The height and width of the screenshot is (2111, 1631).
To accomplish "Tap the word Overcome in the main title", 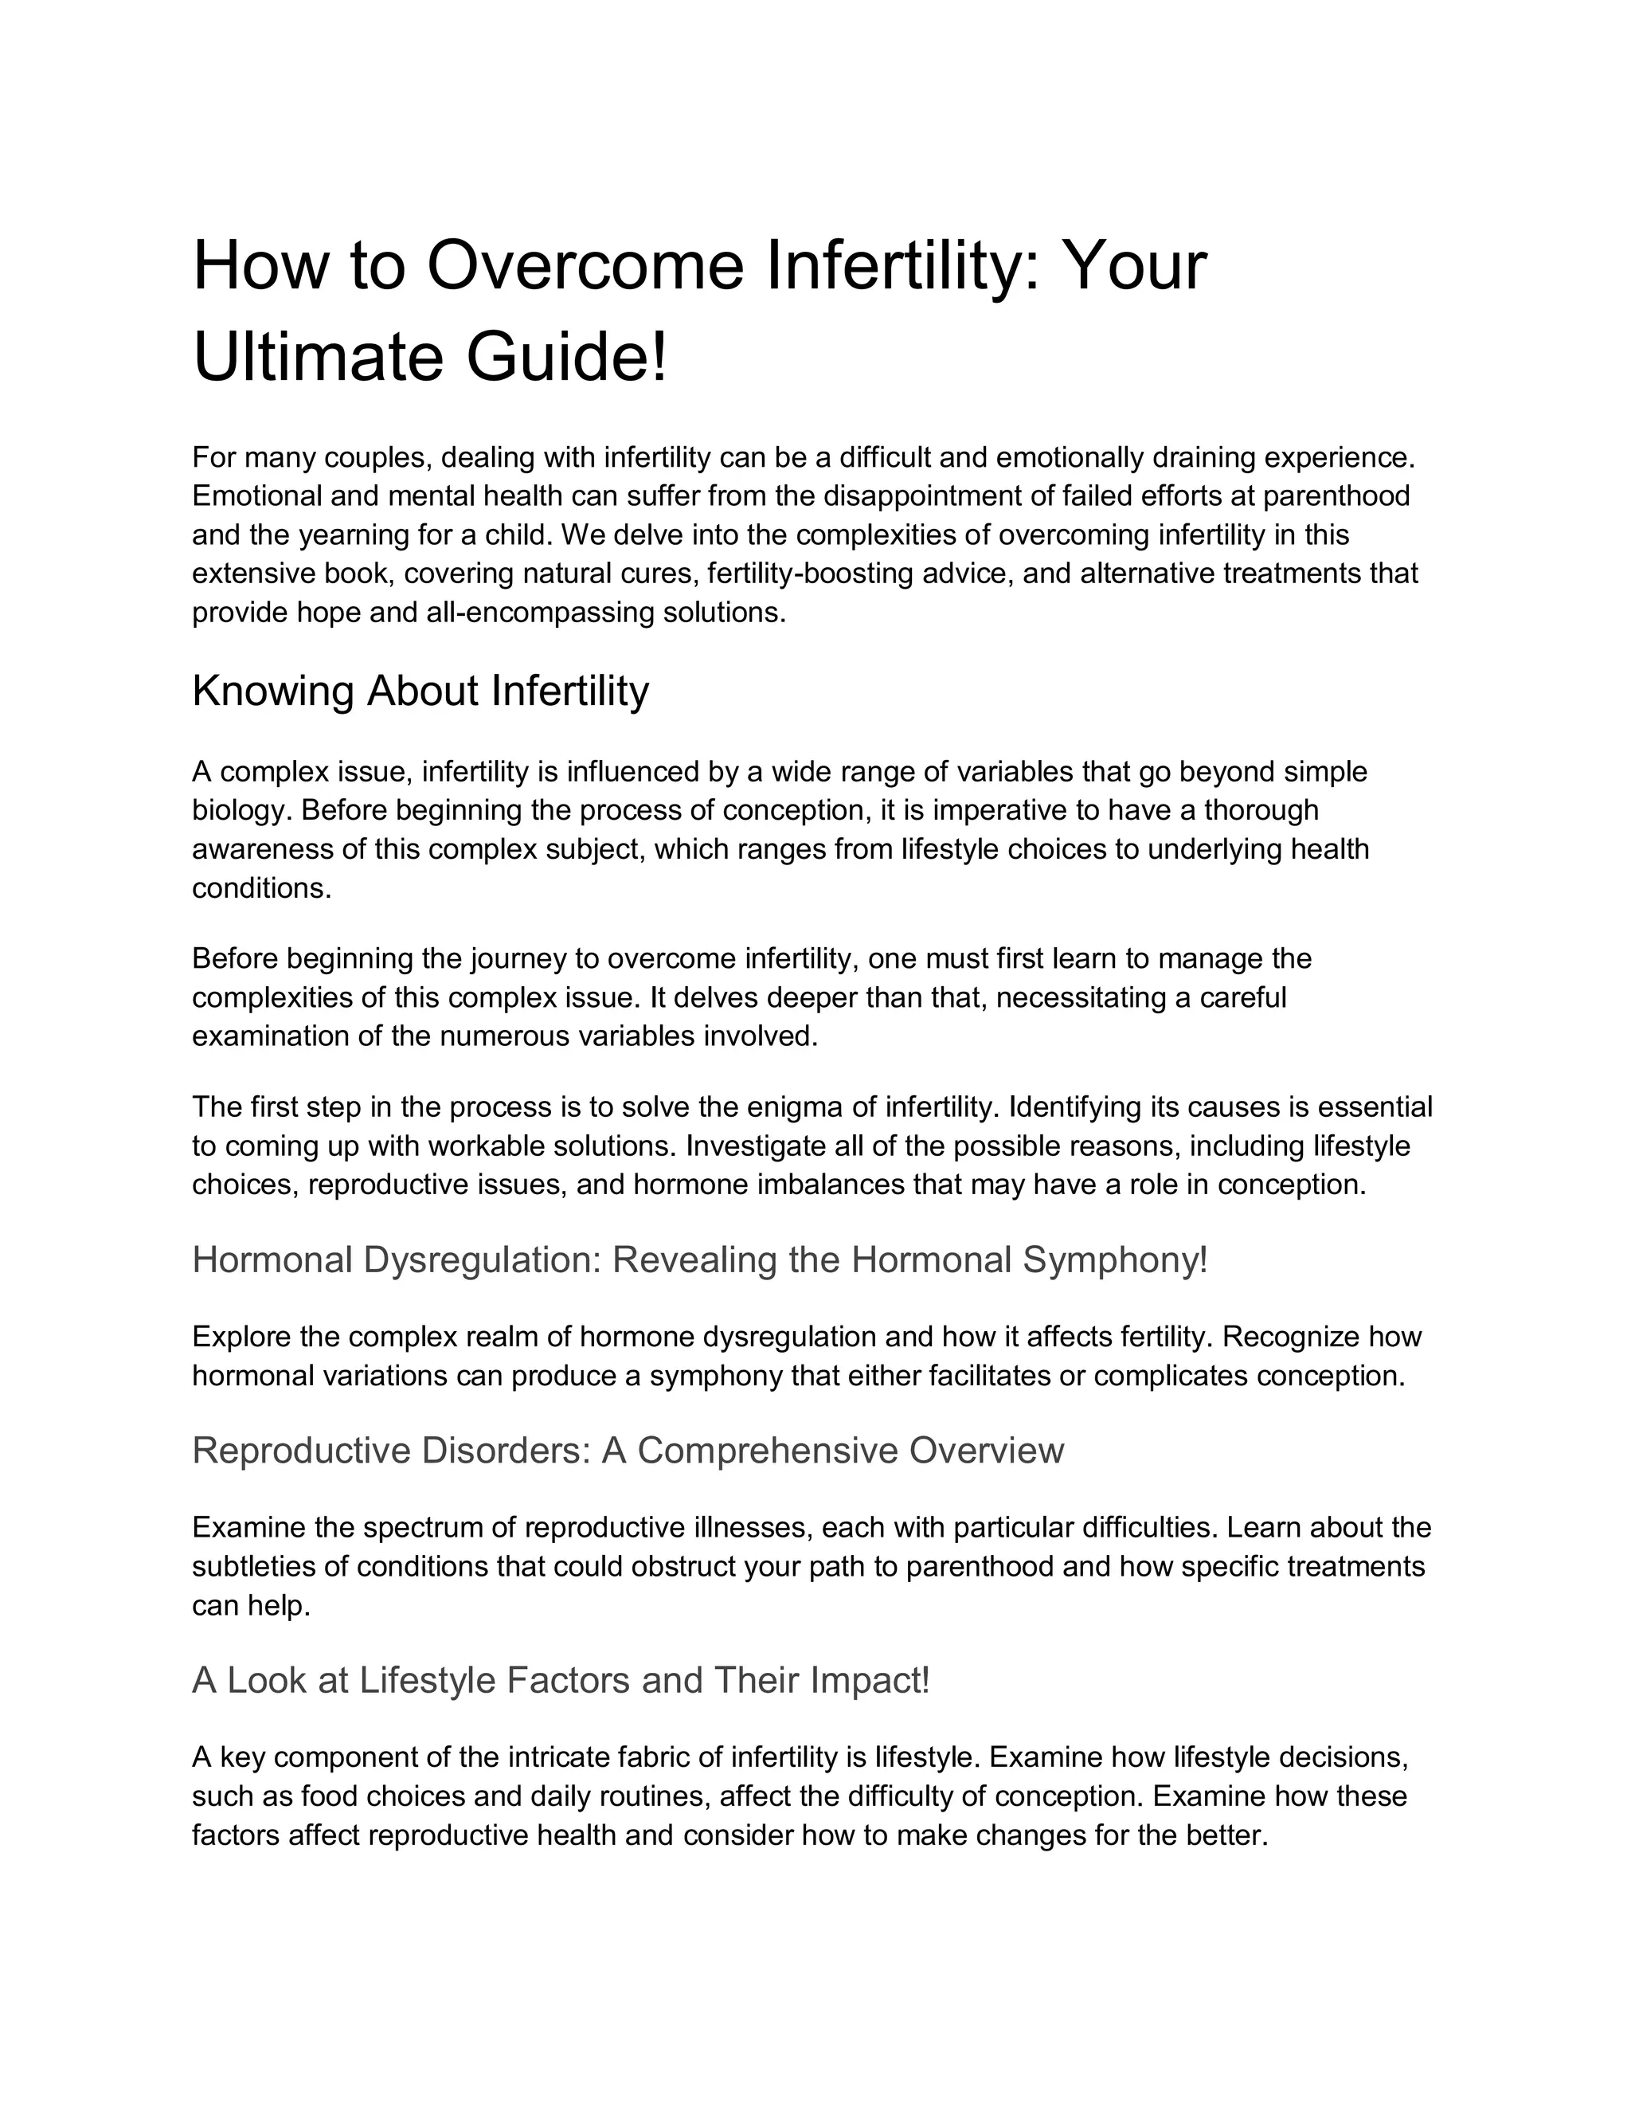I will pos(585,266).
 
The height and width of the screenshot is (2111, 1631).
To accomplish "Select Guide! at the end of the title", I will pos(567,357).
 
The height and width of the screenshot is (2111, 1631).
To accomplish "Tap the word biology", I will pos(240,810).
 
